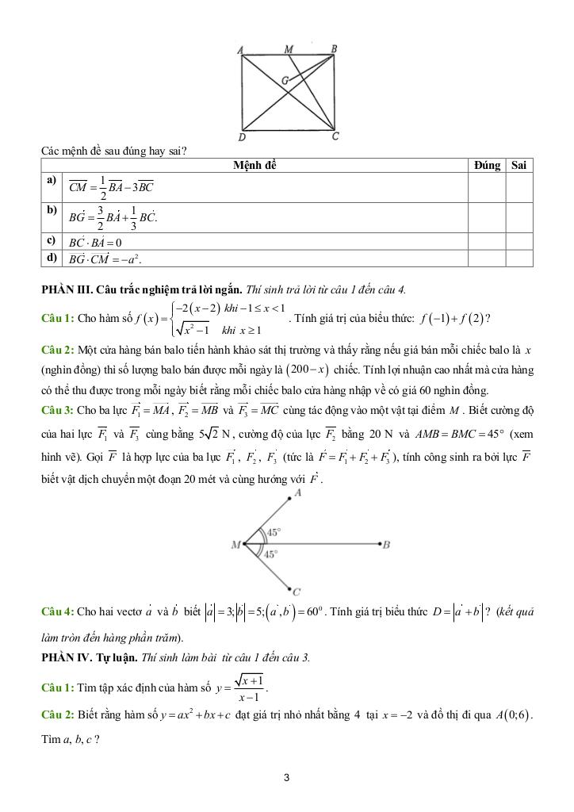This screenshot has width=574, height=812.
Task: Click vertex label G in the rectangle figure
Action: tap(285, 81)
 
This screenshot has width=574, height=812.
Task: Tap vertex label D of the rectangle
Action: tap(242, 138)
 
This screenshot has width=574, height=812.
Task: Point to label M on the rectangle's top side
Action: tap(289, 49)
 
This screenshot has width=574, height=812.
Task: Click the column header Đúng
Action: tap(486, 166)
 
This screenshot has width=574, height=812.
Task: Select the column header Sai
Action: tap(519, 166)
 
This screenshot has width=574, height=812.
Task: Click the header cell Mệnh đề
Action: tap(254, 166)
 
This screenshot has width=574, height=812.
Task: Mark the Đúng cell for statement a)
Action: tap(486, 187)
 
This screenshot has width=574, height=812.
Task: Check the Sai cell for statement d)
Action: tap(519, 259)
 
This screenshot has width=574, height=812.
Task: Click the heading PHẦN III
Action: tap(65, 289)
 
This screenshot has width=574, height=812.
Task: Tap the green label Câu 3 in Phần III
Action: tap(57, 409)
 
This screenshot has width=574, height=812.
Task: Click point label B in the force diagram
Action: tap(386, 545)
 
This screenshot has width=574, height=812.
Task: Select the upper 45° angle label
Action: tap(273, 533)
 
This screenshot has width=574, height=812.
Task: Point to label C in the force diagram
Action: tap(297, 592)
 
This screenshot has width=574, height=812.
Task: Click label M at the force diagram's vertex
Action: tap(235, 546)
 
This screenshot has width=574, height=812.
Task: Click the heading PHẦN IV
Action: tap(64, 658)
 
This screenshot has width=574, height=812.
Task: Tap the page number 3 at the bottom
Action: tap(286, 778)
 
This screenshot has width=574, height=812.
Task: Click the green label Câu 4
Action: tap(57, 612)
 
